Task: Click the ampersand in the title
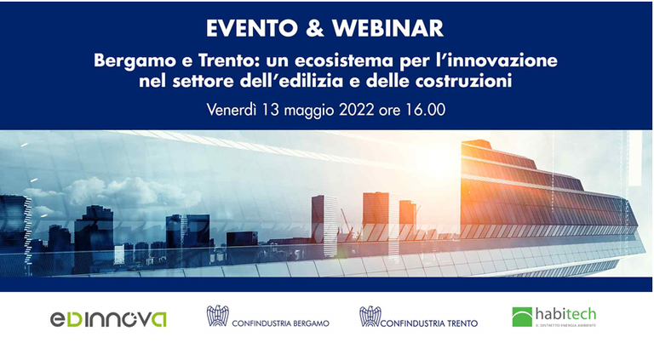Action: tap(314, 27)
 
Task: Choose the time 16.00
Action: tap(427, 110)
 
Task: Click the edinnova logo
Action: tap(107, 319)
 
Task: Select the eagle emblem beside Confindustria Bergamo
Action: tap(218, 317)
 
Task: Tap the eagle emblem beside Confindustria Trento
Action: tap(370, 317)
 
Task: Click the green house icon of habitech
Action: tap(522, 317)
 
